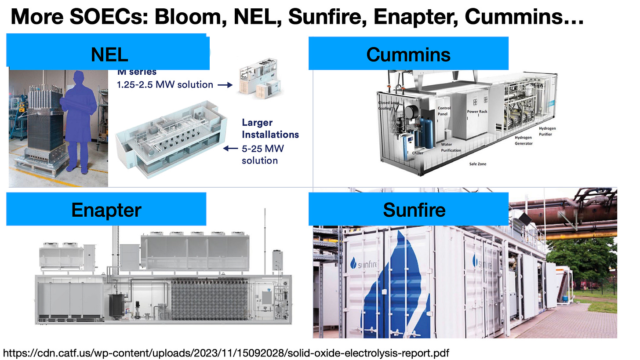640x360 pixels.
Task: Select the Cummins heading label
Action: point(408,54)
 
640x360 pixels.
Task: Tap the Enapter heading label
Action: point(106,209)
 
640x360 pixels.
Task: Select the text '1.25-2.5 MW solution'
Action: point(165,84)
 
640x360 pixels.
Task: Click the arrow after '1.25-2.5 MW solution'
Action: point(225,84)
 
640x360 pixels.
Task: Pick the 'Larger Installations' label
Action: point(270,128)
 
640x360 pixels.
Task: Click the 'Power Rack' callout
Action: point(476,112)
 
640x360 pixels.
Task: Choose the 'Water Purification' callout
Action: point(451,147)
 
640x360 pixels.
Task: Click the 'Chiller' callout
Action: point(418,153)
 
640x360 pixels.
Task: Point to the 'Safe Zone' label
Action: point(478,164)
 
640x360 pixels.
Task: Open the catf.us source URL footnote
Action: point(226,353)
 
